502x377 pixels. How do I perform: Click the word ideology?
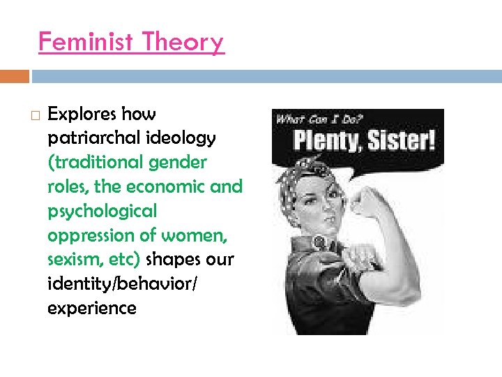coord(181,138)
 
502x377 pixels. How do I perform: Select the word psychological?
coord(102,211)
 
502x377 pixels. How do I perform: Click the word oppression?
coord(86,235)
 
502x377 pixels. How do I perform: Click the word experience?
coord(92,308)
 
